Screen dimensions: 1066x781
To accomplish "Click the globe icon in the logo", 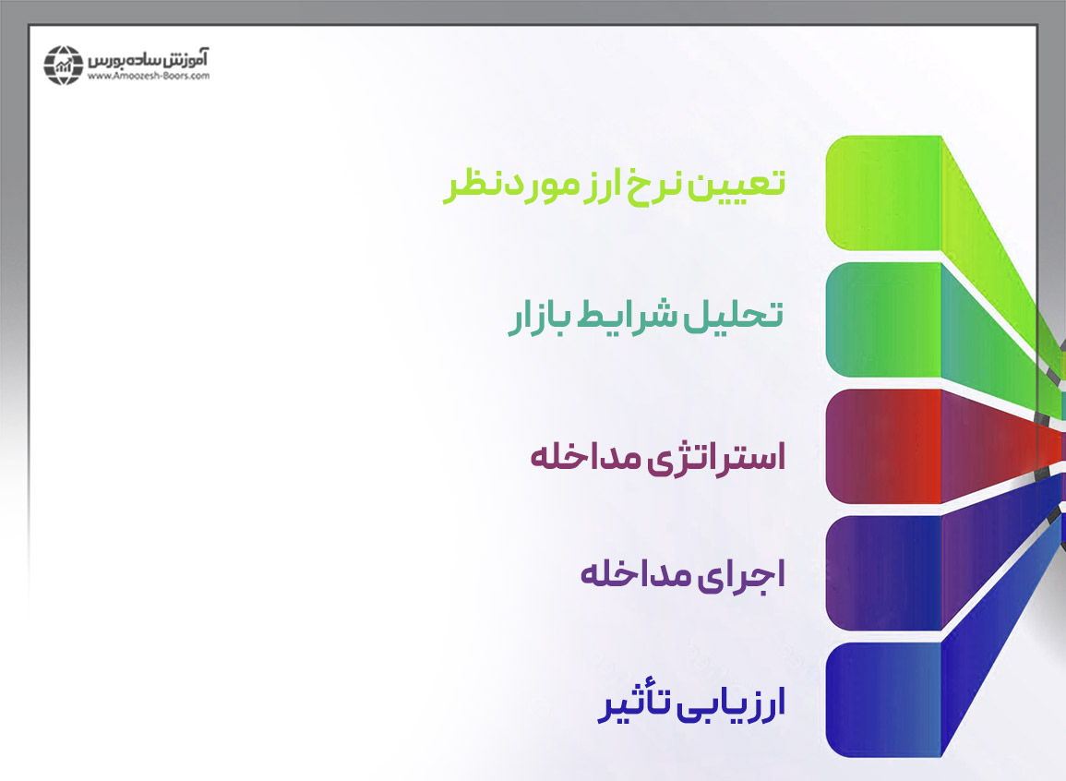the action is tap(64, 66).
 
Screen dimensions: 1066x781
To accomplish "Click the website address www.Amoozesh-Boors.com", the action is tap(149, 76).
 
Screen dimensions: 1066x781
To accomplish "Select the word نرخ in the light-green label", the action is tap(654, 185).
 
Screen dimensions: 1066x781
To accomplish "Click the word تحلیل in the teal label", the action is tap(733, 315).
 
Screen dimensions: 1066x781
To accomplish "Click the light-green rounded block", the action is tap(884, 193).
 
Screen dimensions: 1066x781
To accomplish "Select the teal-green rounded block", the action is tap(884, 319).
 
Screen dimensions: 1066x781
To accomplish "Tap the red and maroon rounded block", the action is tap(884, 446).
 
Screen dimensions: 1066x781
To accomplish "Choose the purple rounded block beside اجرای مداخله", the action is tap(884, 573).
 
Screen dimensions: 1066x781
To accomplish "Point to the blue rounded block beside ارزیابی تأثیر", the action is tap(884, 700).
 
